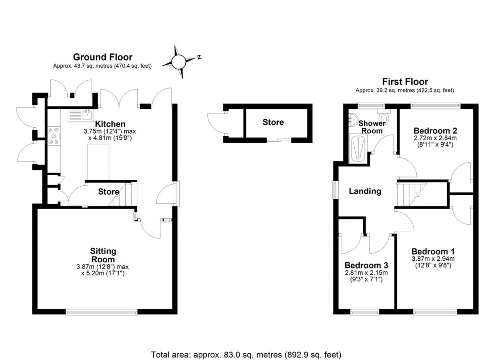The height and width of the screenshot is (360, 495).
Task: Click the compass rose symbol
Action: [x=179, y=61]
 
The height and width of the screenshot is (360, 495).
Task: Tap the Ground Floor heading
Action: [x=102, y=58]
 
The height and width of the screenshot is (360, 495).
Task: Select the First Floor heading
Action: [x=405, y=82]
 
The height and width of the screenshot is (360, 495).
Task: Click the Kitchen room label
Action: [x=110, y=124]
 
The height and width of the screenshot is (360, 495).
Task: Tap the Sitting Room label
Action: [x=103, y=255]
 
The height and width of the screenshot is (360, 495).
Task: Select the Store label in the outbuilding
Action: [x=273, y=122]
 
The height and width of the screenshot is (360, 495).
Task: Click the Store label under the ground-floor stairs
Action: [x=108, y=192]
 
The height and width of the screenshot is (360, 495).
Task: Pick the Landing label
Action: [x=365, y=191]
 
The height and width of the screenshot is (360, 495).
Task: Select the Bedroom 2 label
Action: [x=435, y=131]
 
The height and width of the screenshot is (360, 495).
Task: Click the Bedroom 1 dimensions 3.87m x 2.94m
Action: [x=433, y=259]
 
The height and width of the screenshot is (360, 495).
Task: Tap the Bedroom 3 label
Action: [x=366, y=266]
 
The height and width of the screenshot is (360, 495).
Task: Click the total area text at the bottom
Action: [x=247, y=354]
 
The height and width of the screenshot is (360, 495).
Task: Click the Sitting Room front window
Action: [x=102, y=312]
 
